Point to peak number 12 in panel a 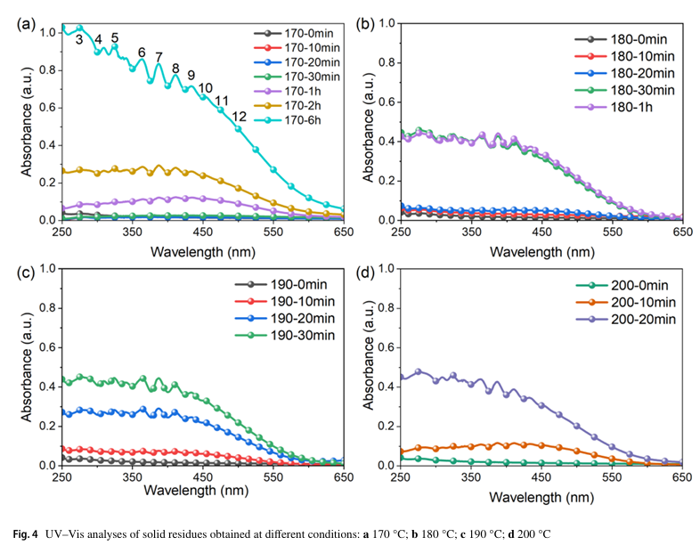pyautogui.click(x=239, y=117)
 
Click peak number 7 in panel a pyautogui.click(x=159, y=57)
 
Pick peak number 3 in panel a pyautogui.click(x=79, y=39)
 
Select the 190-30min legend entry pyautogui.click(x=292, y=335)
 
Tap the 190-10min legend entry pyautogui.click(x=292, y=302)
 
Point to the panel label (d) pyautogui.click(x=364, y=271)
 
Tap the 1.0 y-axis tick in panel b pyautogui.click(x=385, y=22)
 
